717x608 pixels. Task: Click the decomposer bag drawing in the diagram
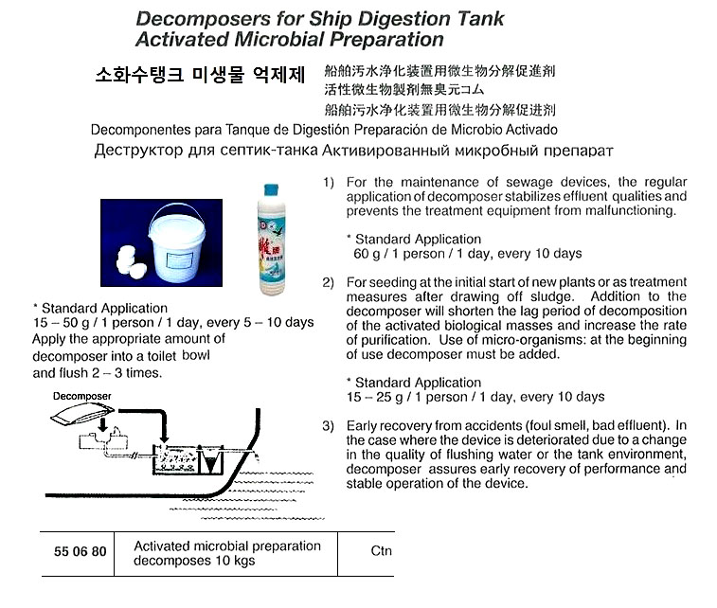click(84, 413)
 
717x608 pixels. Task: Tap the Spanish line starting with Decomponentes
click(324, 129)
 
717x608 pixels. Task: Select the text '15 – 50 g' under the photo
click(63, 323)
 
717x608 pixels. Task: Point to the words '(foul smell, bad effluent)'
click(574, 426)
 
